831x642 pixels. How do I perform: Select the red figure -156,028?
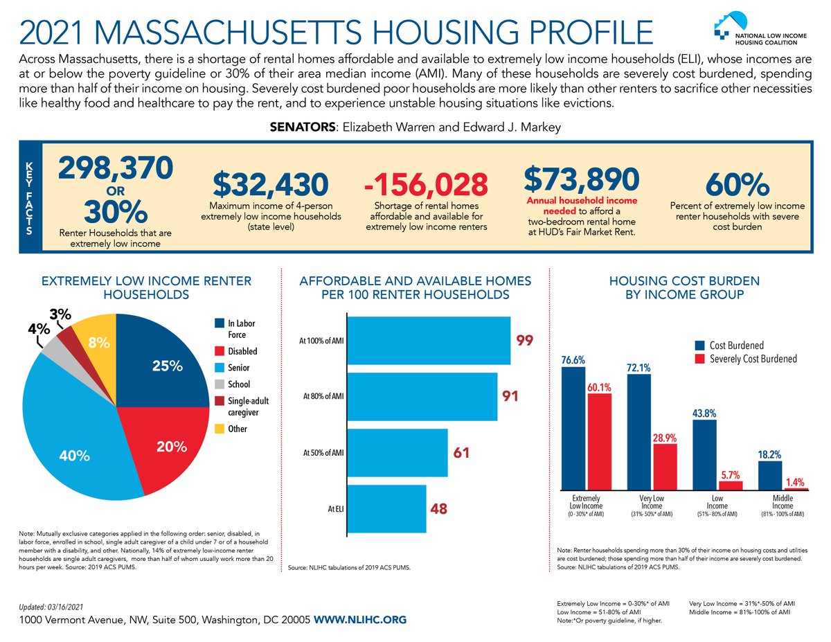426,184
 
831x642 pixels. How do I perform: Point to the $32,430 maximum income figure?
270,184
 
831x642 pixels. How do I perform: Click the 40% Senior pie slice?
76,443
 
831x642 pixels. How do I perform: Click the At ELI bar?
386,509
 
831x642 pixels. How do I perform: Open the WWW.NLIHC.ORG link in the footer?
360,620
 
